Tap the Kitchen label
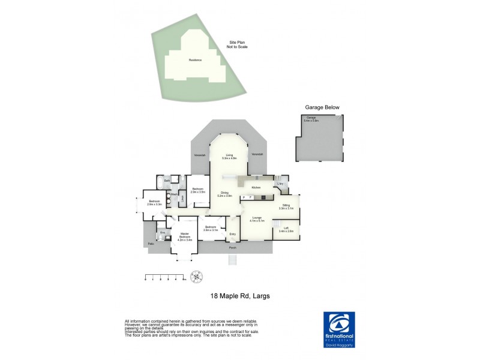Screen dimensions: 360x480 [x=256, y=188]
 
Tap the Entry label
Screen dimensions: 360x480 [x=233, y=233]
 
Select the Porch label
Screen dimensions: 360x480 [x=232, y=247]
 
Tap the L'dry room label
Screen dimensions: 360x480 [x=280, y=184]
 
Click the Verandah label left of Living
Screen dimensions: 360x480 [x=200, y=155]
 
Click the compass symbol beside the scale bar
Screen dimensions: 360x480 [x=196, y=277]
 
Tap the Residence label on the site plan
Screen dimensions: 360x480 [x=196, y=60]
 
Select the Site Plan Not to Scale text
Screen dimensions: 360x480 [x=237, y=44]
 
